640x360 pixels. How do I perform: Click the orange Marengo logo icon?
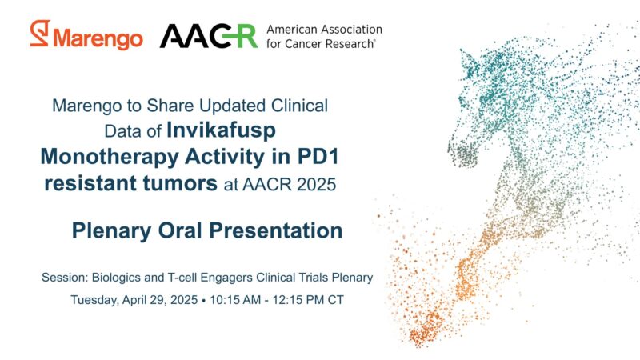pyautogui.click(x=39, y=34)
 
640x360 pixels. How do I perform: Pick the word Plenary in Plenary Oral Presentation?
pyautogui.click(x=110, y=231)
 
